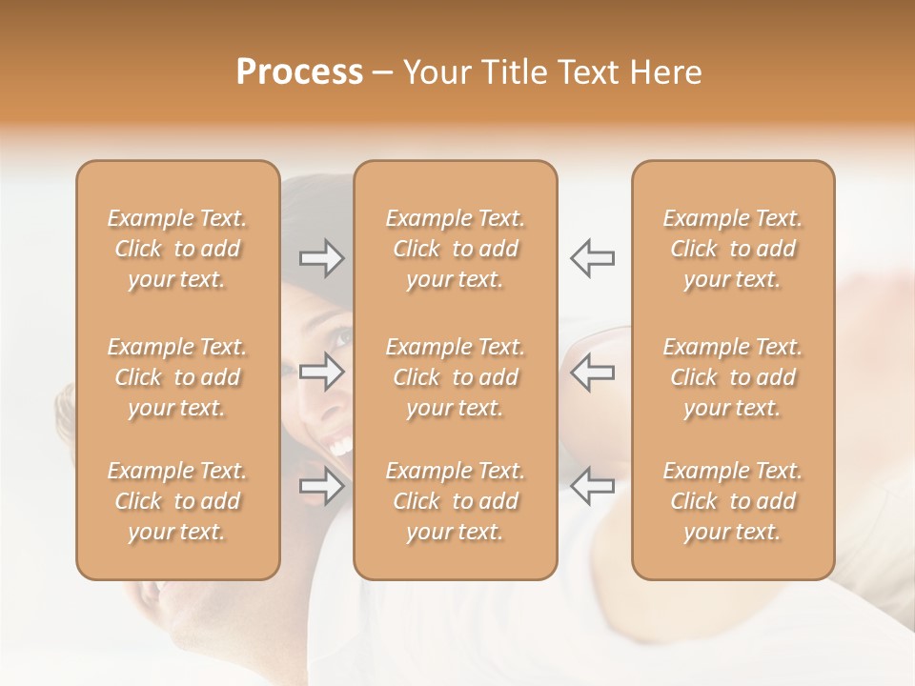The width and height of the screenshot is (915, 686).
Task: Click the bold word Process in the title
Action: pos(299,72)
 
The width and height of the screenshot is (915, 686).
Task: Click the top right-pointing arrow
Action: pos(322,258)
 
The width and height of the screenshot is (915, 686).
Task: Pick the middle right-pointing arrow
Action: pos(322,372)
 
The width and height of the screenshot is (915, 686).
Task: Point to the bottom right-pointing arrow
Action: pos(322,486)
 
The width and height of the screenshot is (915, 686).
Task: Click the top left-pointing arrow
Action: pos(592,258)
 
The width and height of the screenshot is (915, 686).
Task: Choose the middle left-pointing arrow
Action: pos(592,372)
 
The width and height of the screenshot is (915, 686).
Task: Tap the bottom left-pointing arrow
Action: pos(592,486)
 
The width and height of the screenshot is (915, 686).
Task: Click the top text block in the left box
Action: pos(177,249)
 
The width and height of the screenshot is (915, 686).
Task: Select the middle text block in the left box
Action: pos(177,377)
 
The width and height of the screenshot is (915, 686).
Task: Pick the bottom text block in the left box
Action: pos(177,501)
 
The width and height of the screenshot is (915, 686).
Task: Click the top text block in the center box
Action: pos(455,249)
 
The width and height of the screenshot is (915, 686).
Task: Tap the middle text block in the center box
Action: pos(455,377)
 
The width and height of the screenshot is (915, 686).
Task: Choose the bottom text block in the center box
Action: pos(455,501)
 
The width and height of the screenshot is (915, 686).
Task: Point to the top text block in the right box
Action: pos(733,249)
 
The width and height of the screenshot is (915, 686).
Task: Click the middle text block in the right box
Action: pos(733,377)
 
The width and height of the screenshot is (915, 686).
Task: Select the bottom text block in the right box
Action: pos(733,501)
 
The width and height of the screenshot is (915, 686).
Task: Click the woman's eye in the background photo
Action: pos(342,336)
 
